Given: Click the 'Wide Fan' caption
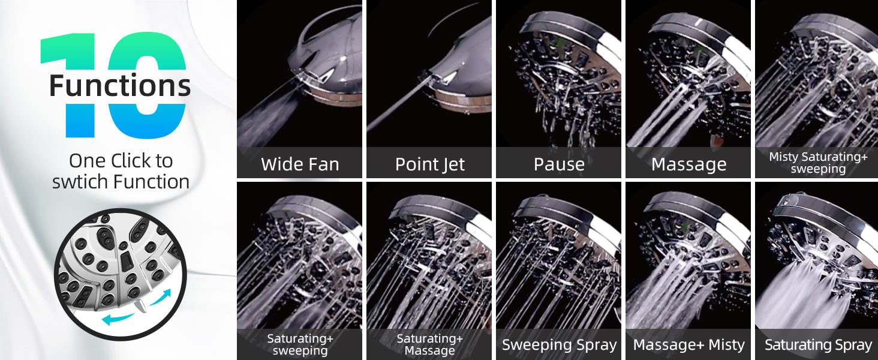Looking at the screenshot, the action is click(300, 164).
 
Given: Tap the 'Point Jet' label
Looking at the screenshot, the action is click(429, 164).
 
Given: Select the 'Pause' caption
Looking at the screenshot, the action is click(559, 164).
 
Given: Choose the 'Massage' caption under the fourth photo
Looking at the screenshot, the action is click(688, 164).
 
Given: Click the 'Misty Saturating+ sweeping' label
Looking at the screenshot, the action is click(818, 163).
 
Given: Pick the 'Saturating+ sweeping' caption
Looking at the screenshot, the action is click(300, 344).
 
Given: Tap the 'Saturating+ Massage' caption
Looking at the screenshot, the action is click(429, 344).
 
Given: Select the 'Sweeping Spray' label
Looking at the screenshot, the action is click(560, 345).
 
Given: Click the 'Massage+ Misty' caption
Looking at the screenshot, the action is click(688, 345).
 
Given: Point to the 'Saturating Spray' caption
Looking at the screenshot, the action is click(818, 345).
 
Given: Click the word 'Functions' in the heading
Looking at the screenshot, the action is click(120, 85).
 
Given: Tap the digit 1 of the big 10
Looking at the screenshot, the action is click(73, 85).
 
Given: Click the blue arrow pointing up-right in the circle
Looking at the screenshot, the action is click(160, 297).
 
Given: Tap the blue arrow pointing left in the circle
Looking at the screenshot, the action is click(118, 319).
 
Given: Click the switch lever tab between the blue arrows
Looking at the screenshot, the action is click(140, 305).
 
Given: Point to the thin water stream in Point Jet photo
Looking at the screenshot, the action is click(398, 105).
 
